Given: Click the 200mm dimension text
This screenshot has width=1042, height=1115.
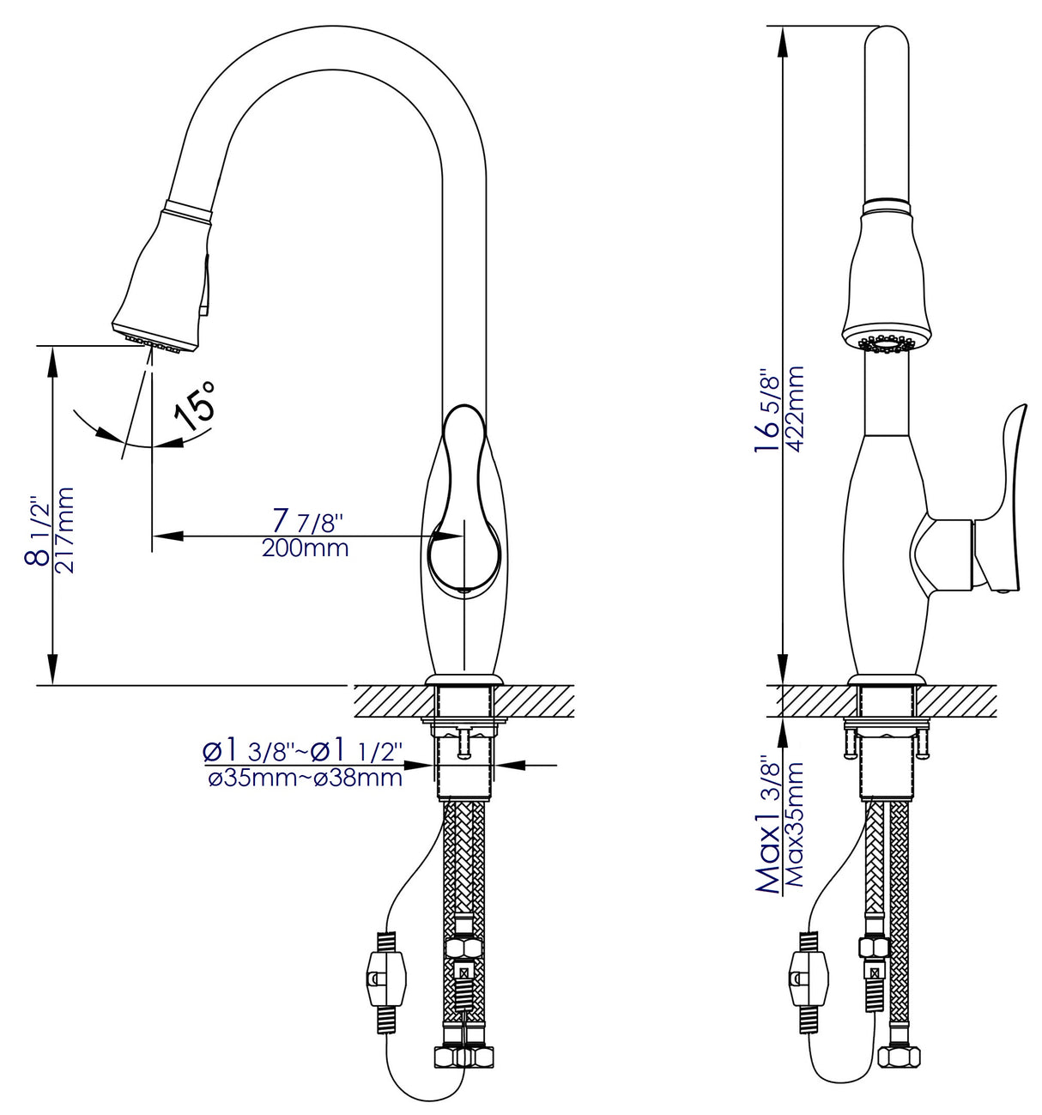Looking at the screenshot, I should pyautogui.click(x=305, y=548).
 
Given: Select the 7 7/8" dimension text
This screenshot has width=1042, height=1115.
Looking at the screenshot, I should pyautogui.click(x=306, y=520).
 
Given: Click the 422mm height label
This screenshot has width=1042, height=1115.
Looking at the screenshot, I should pyautogui.click(x=795, y=410).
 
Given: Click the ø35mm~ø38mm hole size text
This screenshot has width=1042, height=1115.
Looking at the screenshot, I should pyautogui.click(x=306, y=779).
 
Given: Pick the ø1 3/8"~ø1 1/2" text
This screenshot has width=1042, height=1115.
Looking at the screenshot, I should pyautogui.click(x=302, y=751).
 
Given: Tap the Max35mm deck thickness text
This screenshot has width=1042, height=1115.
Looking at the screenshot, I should pyautogui.click(x=795, y=824).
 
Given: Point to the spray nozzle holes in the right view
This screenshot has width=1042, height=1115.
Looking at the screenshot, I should pyautogui.click(x=884, y=343).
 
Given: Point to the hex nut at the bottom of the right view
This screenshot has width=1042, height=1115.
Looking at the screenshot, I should pyautogui.click(x=898, y=1055).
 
